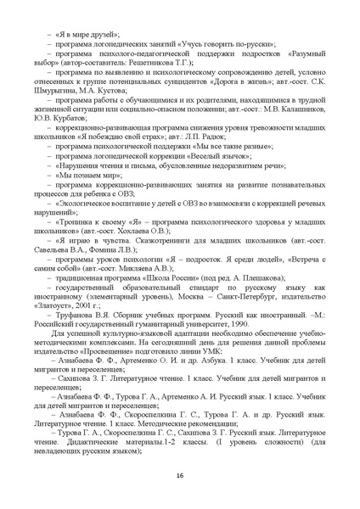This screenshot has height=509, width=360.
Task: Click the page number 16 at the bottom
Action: click(x=180, y=475)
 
